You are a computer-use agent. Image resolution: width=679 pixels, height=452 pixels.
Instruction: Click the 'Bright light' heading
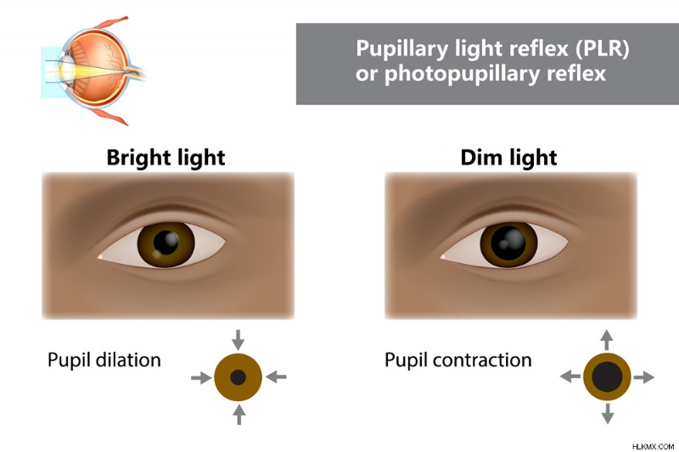click(x=166, y=158)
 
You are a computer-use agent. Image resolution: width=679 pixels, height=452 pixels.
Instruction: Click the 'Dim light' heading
click(x=508, y=158)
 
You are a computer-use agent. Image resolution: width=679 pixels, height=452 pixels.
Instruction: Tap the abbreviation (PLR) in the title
click(x=602, y=48)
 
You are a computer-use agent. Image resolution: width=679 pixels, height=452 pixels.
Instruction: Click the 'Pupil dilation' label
click(x=104, y=360)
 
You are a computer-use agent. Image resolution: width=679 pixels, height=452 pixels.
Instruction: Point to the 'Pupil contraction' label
click(x=458, y=360)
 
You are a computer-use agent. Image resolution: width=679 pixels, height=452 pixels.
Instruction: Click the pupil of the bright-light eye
click(x=166, y=243)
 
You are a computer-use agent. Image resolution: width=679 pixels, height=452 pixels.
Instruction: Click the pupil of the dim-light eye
click(x=508, y=243)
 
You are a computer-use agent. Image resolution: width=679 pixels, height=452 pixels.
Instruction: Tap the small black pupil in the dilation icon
click(x=238, y=377)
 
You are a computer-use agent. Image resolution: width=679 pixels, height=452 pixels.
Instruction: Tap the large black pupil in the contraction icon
click(x=607, y=377)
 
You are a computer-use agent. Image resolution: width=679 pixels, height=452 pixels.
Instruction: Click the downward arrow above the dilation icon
click(x=238, y=339)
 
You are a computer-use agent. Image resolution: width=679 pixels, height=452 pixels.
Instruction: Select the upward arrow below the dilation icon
click(x=238, y=415)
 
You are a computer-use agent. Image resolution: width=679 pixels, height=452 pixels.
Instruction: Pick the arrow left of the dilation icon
click(x=201, y=377)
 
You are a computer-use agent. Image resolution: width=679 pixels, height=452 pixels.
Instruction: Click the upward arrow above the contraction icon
click(x=607, y=340)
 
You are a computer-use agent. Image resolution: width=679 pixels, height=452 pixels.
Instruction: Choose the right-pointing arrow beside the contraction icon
click(x=644, y=377)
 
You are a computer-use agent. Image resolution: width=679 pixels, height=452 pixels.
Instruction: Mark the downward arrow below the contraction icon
click(x=608, y=414)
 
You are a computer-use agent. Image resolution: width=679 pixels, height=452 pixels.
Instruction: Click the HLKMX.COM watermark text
click(x=653, y=446)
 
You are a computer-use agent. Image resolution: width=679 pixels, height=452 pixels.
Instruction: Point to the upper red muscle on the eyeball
click(x=111, y=23)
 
